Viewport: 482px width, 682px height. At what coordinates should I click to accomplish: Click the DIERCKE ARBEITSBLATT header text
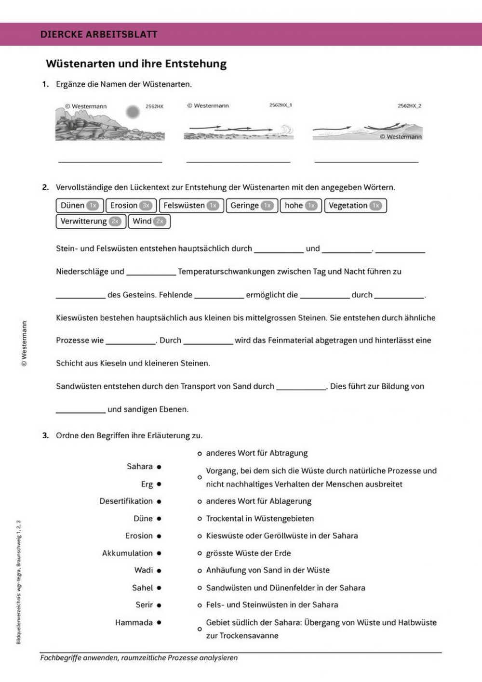point(99,34)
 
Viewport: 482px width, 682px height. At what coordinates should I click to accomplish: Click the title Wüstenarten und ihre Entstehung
point(136,64)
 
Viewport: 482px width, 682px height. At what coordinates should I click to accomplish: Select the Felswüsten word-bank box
point(191,206)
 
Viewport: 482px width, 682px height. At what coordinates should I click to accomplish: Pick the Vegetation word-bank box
point(355,206)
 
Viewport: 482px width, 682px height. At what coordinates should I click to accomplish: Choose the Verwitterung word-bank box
point(91,222)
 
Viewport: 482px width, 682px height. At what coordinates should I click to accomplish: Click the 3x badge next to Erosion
point(146,206)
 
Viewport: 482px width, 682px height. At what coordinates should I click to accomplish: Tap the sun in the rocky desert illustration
point(133,112)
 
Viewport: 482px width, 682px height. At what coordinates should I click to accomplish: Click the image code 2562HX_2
point(409,106)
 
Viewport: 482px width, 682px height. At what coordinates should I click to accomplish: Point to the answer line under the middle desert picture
point(238,161)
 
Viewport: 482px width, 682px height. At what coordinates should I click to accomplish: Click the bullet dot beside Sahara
point(159,467)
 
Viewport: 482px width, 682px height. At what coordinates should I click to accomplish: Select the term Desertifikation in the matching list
point(126,501)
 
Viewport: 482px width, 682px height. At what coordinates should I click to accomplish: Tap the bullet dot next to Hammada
point(159,623)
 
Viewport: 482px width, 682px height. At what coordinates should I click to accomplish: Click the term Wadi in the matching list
point(144,571)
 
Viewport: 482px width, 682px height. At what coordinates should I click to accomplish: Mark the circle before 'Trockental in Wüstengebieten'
point(200,519)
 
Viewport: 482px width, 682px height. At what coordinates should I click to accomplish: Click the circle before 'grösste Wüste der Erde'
point(200,553)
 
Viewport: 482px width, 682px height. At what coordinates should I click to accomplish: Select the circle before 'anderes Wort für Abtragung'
point(200,453)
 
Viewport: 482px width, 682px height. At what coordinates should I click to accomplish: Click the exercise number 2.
point(45,187)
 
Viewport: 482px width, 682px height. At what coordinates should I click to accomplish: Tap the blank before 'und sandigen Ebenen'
point(80,410)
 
